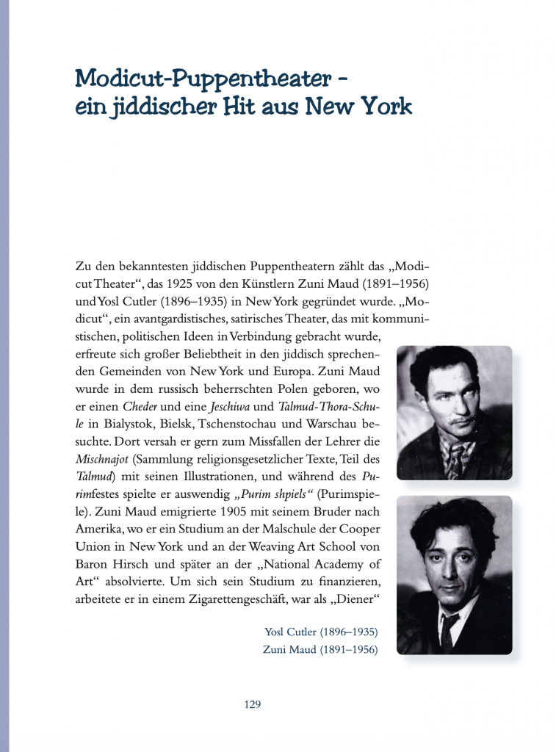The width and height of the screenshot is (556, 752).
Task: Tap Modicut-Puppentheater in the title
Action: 206,77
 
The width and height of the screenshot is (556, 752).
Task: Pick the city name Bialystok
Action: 129,424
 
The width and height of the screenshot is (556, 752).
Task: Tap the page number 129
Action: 252,704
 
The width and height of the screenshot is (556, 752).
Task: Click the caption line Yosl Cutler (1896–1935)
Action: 321,632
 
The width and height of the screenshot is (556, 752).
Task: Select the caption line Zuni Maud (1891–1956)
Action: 320,649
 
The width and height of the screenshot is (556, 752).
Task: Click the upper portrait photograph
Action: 454,412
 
